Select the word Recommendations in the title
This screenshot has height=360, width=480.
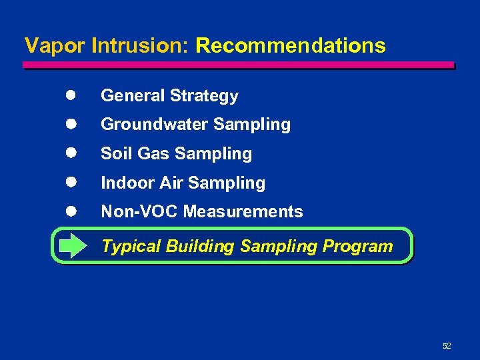click(x=291, y=46)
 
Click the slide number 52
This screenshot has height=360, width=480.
click(x=447, y=346)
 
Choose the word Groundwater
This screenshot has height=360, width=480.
click(x=148, y=125)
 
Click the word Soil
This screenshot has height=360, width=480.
click(x=115, y=153)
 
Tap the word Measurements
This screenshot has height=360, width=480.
click(x=243, y=212)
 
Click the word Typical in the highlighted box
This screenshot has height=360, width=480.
click(x=131, y=247)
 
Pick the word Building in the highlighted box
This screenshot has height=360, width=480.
click(x=200, y=247)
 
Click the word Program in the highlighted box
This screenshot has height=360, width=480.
click(x=358, y=246)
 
